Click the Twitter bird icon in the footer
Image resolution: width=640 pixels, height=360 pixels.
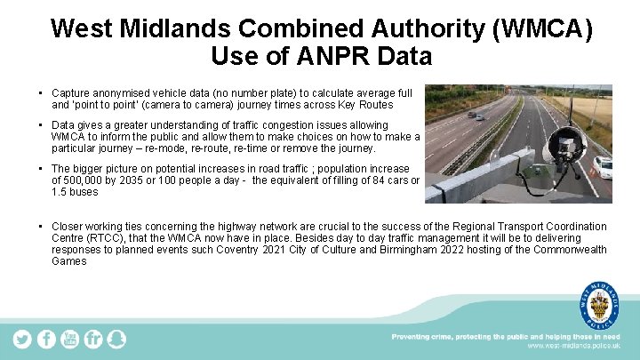click(22, 339)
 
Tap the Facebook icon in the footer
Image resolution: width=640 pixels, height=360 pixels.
click(46, 339)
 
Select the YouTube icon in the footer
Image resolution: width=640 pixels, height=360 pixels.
click(69, 339)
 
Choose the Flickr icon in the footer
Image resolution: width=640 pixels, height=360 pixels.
click(93, 339)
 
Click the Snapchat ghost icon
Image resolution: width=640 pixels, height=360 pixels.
click(116, 339)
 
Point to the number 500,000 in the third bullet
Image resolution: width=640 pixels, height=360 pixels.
click(83, 180)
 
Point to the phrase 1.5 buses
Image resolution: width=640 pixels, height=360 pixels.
click(75, 192)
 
